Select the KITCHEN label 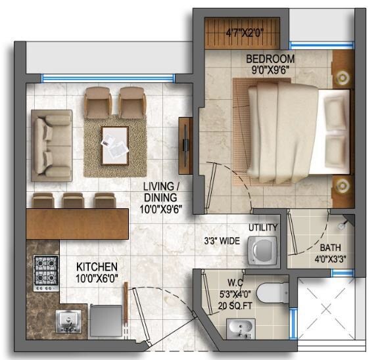pos(97,267)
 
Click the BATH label pos(329,248)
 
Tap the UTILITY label pos(263,228)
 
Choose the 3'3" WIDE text pos(221,241)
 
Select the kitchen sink pos(68,321)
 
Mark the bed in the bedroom pos(289,127)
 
